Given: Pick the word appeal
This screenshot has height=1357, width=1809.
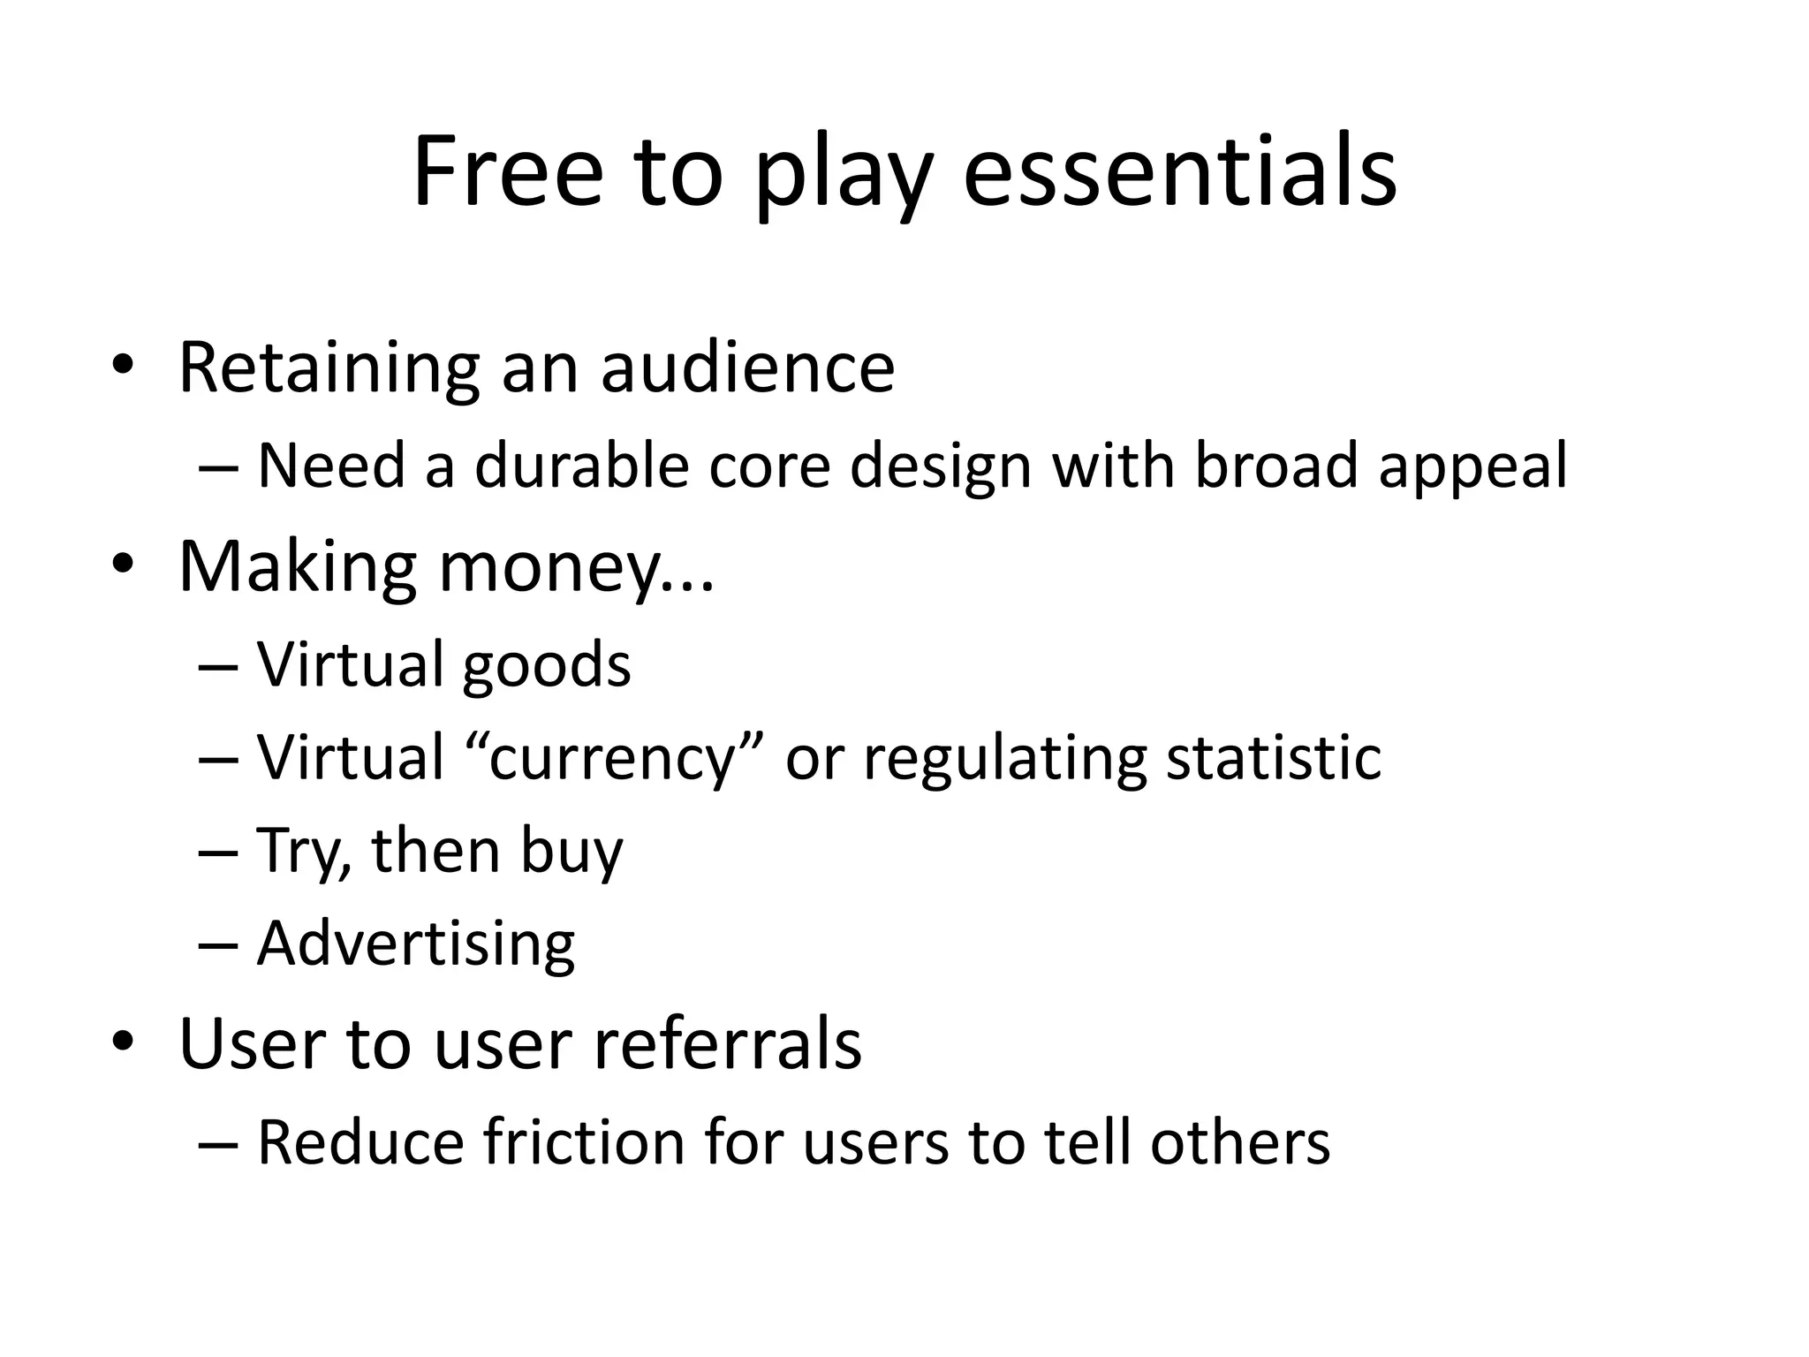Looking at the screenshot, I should (1472, 466).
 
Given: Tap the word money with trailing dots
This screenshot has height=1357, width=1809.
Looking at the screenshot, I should (576, 567).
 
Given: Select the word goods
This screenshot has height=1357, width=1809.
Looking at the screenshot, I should (546, 665).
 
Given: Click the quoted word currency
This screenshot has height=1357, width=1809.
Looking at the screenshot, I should (612, 758).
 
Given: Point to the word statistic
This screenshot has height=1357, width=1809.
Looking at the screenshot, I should (1273, 758).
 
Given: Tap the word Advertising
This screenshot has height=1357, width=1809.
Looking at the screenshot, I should (416, 944).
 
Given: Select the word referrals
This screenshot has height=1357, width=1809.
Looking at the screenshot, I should (727, 1044).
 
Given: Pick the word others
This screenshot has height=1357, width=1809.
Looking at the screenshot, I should (1239, 1142).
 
